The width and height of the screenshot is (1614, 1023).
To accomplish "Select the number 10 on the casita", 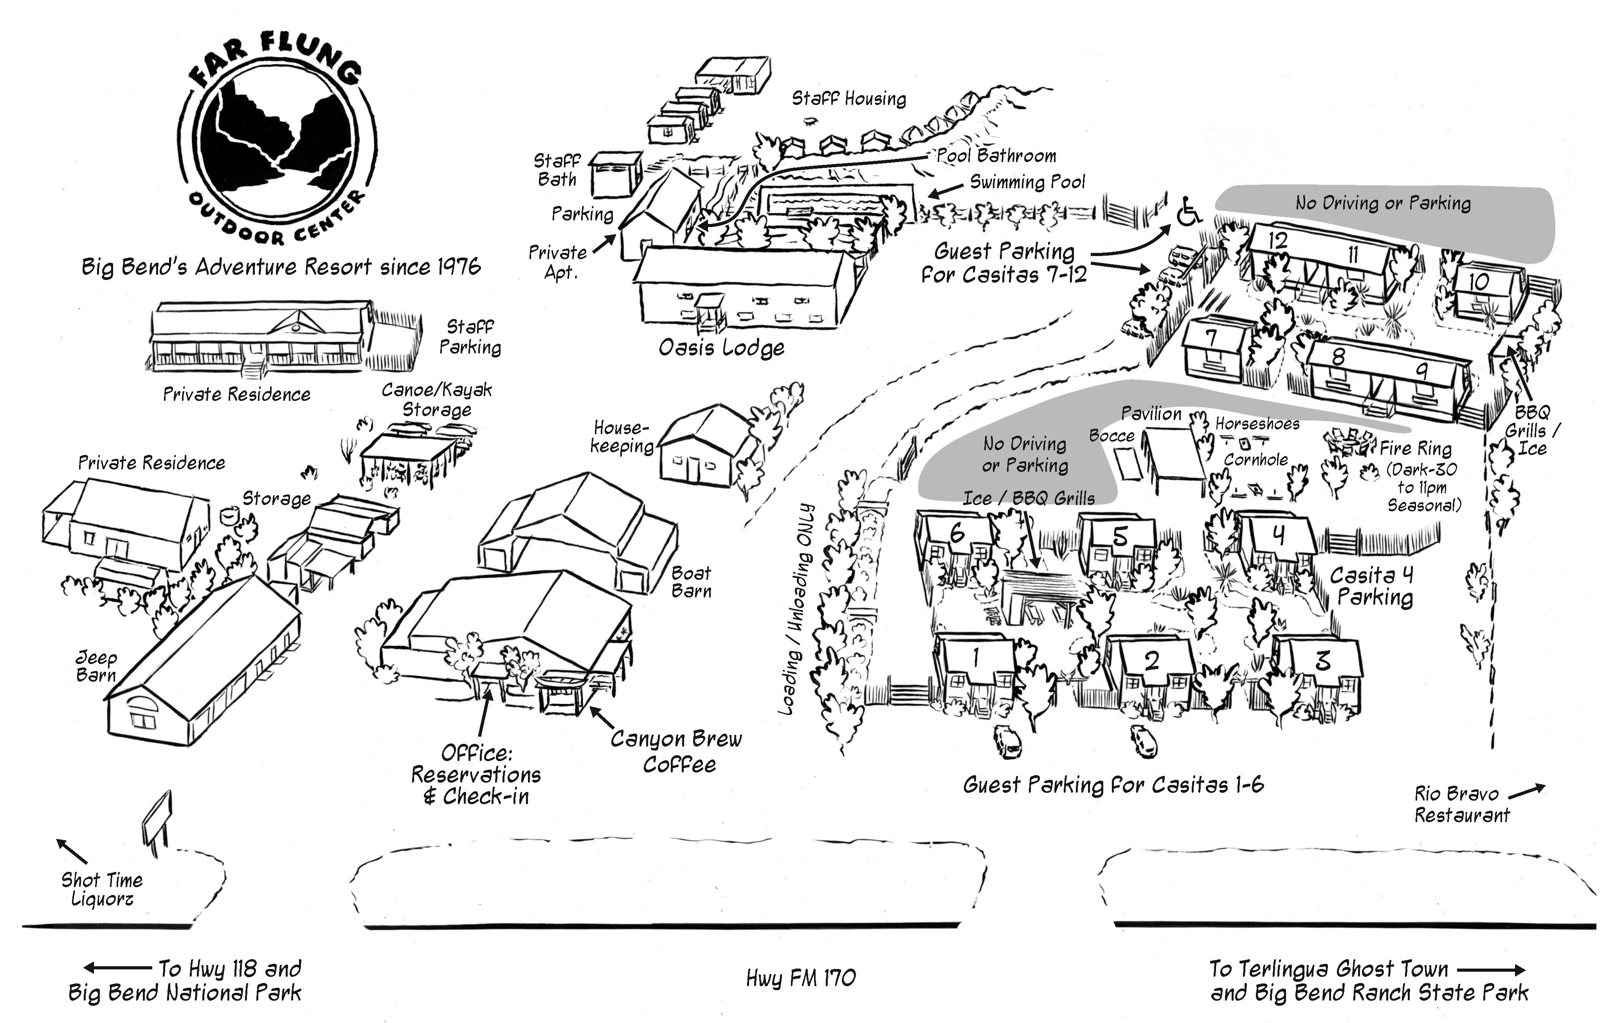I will (x=1479, y=282).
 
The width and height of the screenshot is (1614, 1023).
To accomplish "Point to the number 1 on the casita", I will (x=976, y=658).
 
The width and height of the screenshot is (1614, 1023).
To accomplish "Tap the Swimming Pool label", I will (x=1027, y=182).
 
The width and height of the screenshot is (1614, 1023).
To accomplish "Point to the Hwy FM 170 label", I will (x=801, y=978).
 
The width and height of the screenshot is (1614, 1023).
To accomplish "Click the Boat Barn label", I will (x=691, y=582).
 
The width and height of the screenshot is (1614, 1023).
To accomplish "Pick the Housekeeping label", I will (x=622, y=437).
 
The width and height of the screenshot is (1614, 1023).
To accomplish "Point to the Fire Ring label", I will (x=1415, y=449).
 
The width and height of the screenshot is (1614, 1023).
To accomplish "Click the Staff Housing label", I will (x=848, y=99).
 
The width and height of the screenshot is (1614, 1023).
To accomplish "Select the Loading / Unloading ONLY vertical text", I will (x=798, y=609).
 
